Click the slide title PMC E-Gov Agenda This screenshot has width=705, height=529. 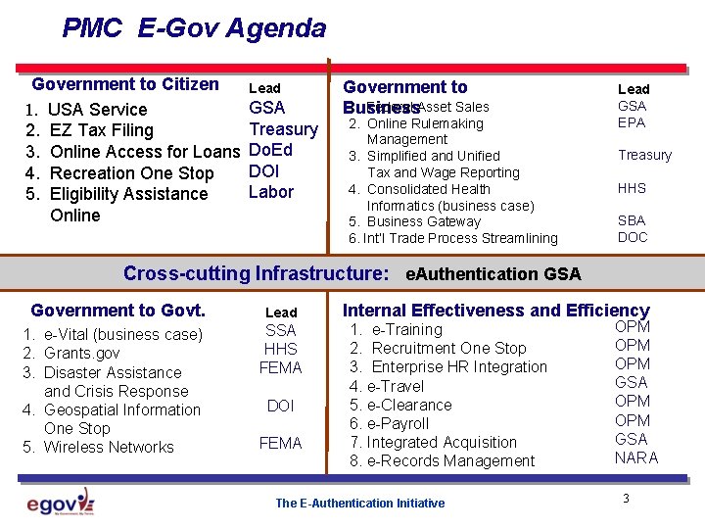tap(194, 27)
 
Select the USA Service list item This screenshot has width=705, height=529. tap(97, 110)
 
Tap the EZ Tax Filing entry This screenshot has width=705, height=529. tap(101, 130)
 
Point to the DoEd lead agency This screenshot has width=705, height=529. tap(271, 150)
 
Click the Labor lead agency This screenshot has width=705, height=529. tap(271, 192)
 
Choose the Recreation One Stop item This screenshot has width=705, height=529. tap(131, 173)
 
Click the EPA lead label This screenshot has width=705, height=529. tap(632, 122)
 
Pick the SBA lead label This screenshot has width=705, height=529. tap(632, 220)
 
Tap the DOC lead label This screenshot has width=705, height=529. tap(633, 237)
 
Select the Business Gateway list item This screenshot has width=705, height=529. tap(423, 221)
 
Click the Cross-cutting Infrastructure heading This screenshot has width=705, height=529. tap(256, 273)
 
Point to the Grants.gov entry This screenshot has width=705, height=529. tap(83, 353)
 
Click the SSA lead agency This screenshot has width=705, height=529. tap(281, 330)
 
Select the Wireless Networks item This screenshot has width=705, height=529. tap(109, 447)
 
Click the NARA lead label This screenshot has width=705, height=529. tap(635, 457)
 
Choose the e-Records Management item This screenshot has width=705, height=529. tap(450, 460)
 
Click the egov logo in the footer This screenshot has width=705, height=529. tap(60, 503)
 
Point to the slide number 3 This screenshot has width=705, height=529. tap(625, 500)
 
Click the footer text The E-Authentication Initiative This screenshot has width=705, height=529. tap(359, 504)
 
